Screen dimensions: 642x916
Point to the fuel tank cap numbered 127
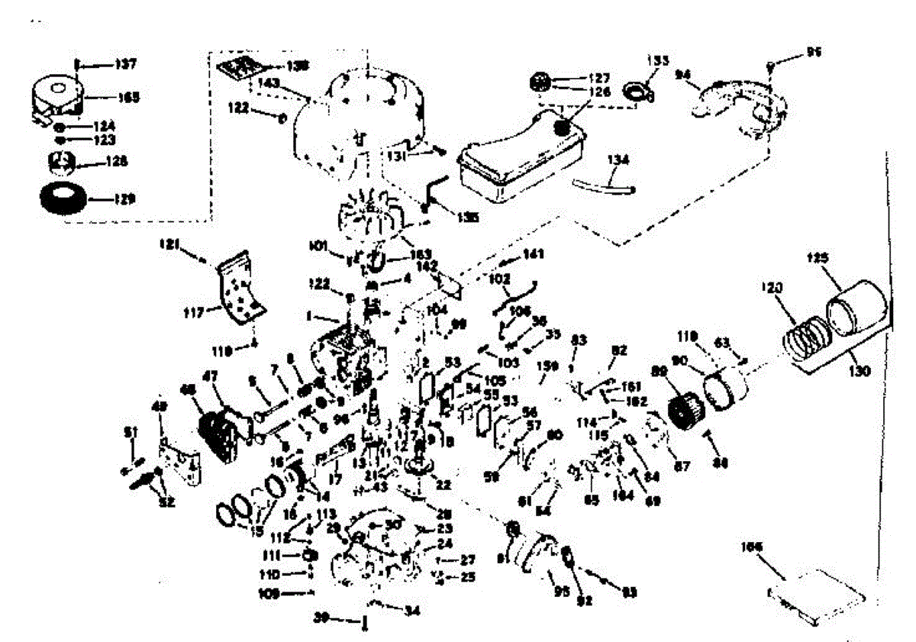tap(541, 79)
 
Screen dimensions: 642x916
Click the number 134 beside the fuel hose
tap(618, 160)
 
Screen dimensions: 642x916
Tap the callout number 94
tap(684, 75)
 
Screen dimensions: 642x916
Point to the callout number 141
tap(532, 254)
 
